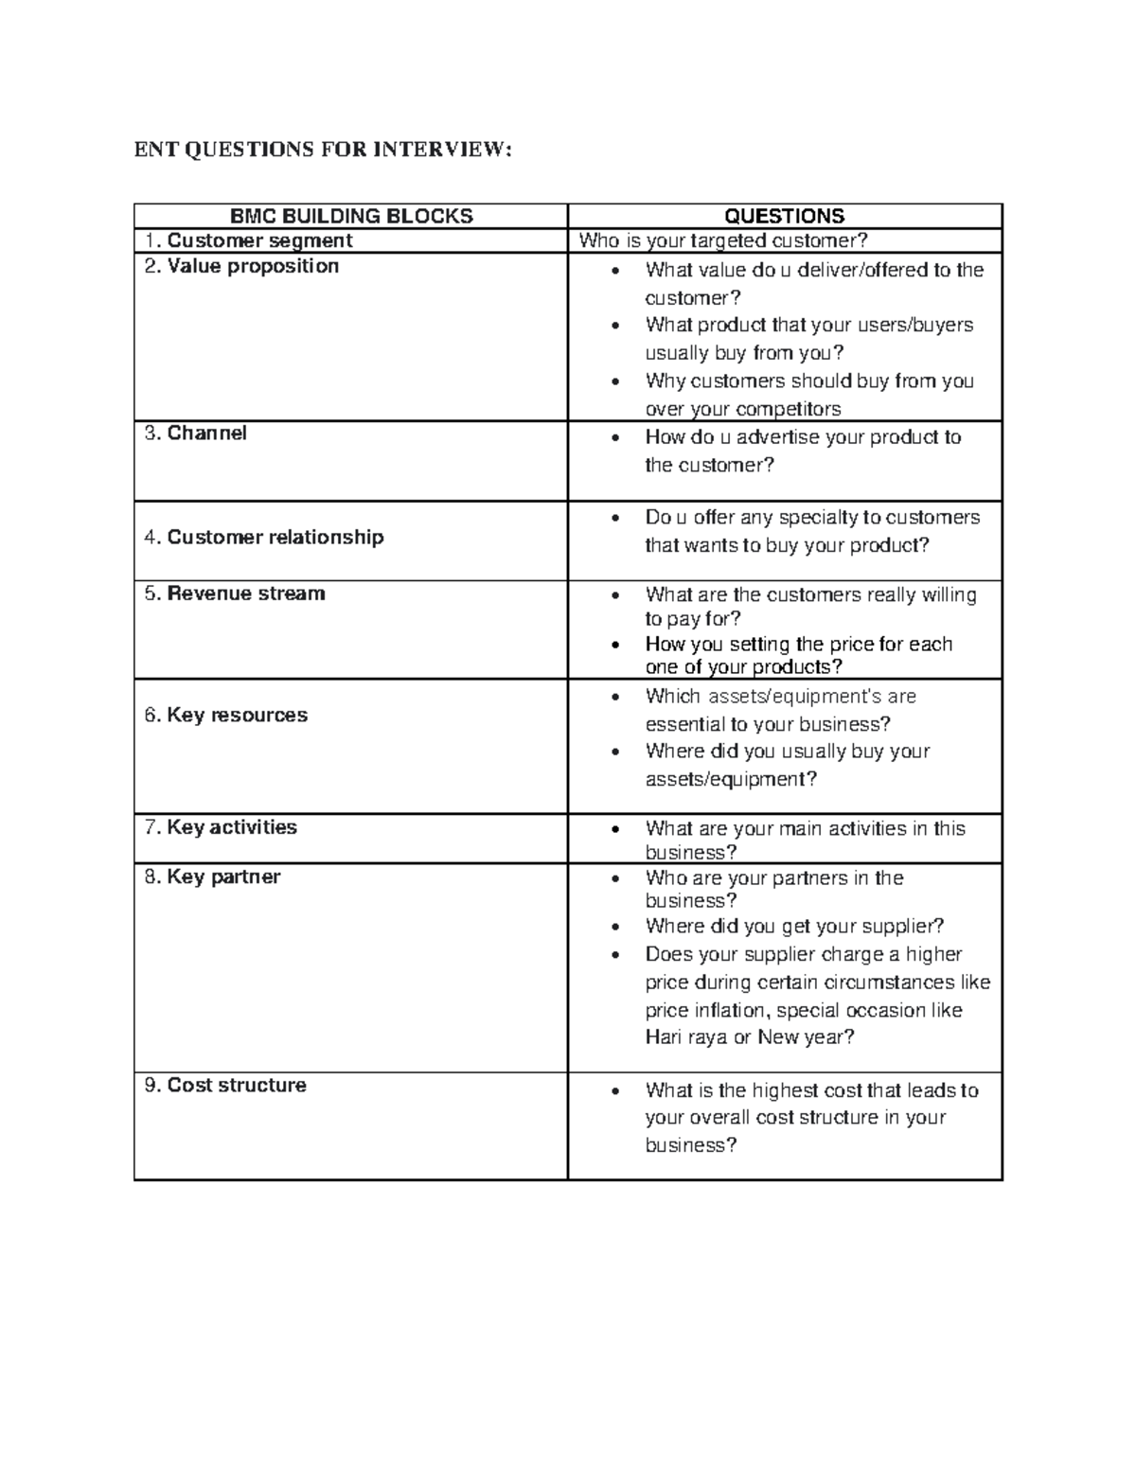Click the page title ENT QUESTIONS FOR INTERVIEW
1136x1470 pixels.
click(x=322, y=150)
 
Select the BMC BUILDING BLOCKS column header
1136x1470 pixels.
click(x=351, y=216)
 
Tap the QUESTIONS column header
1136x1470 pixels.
click(x=785, y=216)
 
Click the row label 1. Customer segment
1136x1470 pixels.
click(x=248, y=240)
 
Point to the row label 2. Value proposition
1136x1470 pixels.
click(x=241, y=266)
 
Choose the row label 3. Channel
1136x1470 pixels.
click(x=195, y=433)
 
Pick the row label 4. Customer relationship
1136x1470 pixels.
click(x=263, y=537)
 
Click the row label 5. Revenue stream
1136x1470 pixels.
click(x=234, y=593)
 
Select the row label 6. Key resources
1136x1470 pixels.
click(x=225, y=715)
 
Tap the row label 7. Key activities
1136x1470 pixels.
click(x=221, y=827)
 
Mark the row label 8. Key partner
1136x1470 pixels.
click(x=212, y=877)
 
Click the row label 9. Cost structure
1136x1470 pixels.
click(x=225, y=1085)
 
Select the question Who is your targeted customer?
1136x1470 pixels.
click(x=722, y=240)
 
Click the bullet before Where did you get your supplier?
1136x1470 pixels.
click(x=616, y=928)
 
